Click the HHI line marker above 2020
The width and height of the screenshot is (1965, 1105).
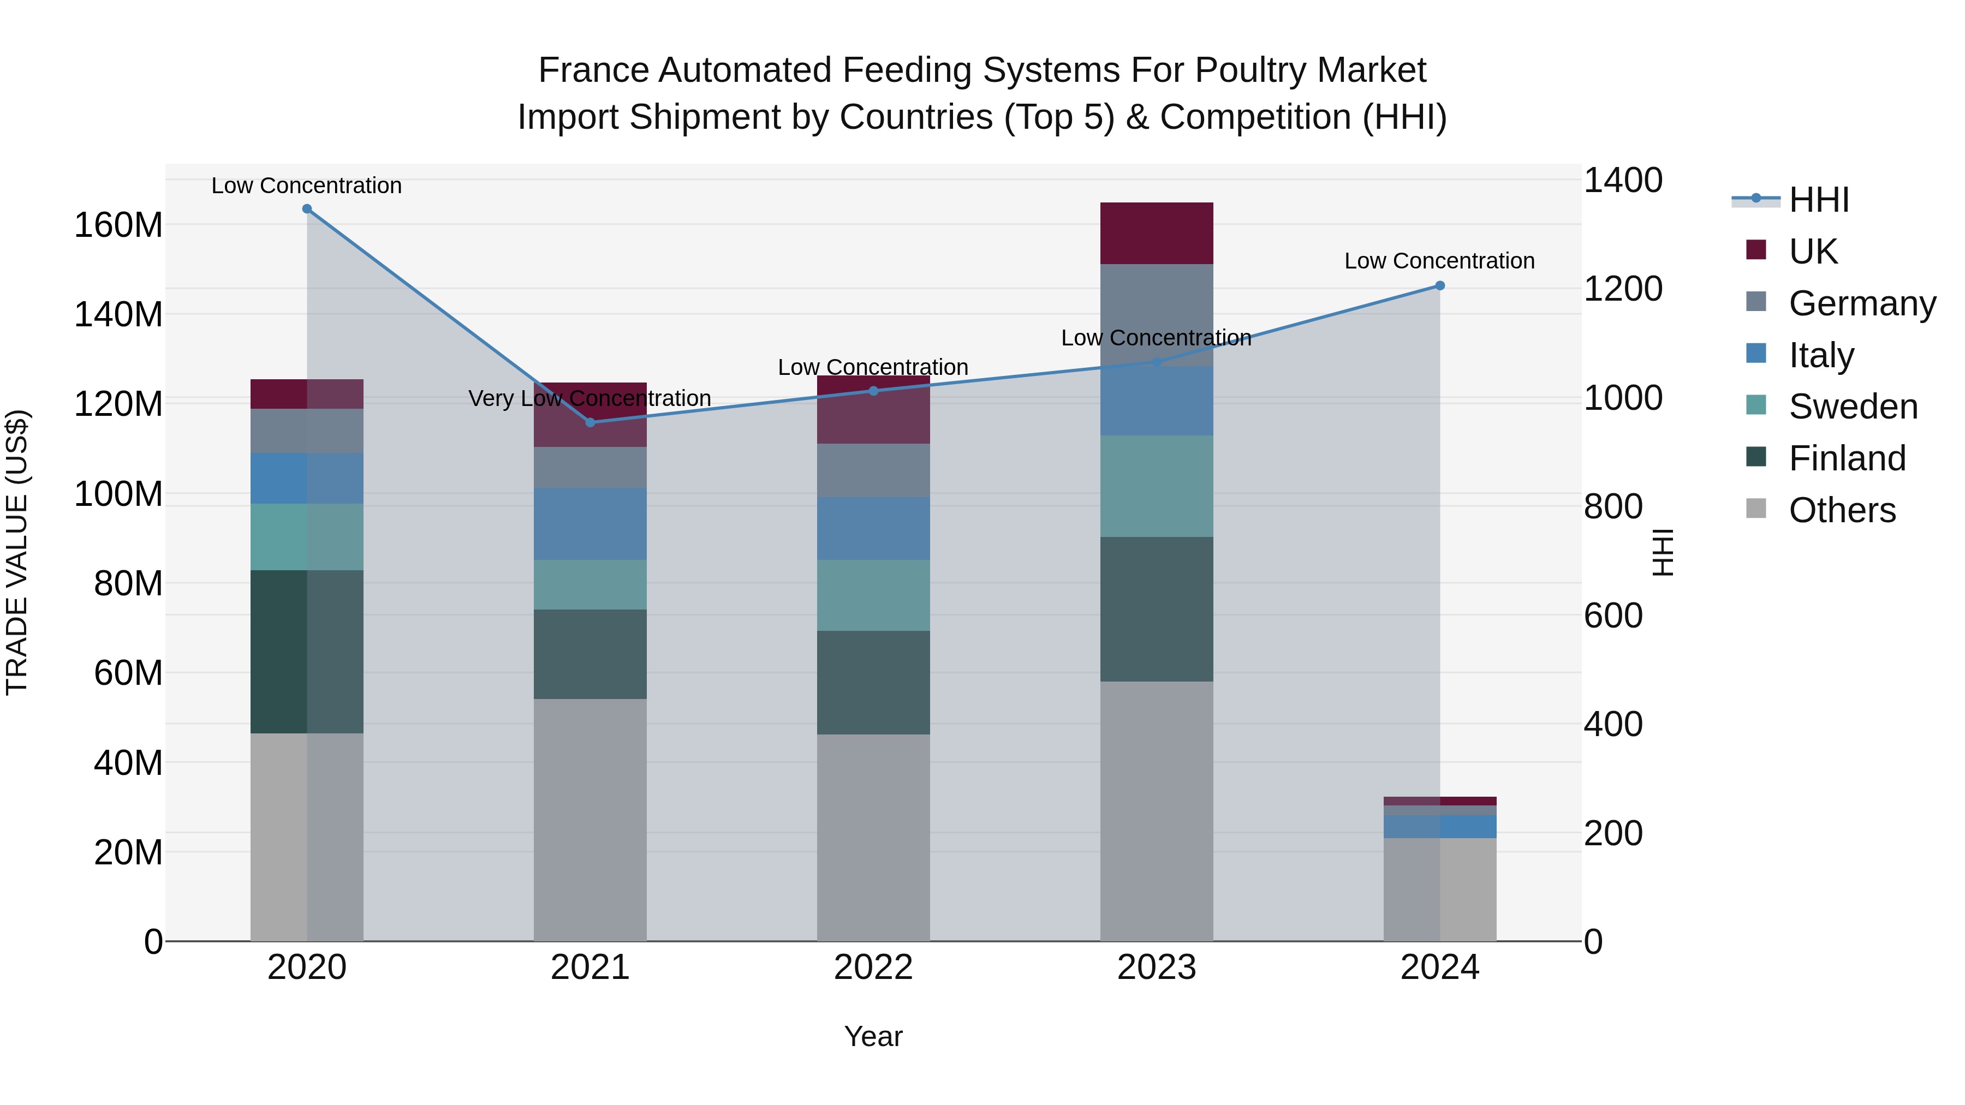307,209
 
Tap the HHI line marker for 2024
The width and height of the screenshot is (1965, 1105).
1439,286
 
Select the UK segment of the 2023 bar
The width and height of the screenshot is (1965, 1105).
1157,234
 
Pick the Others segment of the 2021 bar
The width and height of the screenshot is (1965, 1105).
589,820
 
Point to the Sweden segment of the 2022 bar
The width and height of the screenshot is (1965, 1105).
873,595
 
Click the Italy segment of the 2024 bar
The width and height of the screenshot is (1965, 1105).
1439,827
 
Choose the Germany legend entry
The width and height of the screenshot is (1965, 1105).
1861,303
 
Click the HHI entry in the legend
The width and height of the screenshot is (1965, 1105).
1819,200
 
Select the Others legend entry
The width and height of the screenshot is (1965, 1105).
1842,510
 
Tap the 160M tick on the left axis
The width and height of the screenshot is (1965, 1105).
118,226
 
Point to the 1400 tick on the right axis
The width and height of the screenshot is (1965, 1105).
1623,181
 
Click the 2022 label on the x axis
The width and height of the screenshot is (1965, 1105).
873,967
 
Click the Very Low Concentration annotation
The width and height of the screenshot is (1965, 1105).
589,398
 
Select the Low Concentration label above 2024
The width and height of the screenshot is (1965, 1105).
1439,261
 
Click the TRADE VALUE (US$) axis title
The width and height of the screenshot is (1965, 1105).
17,552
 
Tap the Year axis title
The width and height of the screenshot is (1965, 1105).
873,1036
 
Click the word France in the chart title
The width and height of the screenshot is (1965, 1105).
593,70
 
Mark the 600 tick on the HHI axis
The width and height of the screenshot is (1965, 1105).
1612,616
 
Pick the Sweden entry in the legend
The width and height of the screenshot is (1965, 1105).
1852,407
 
